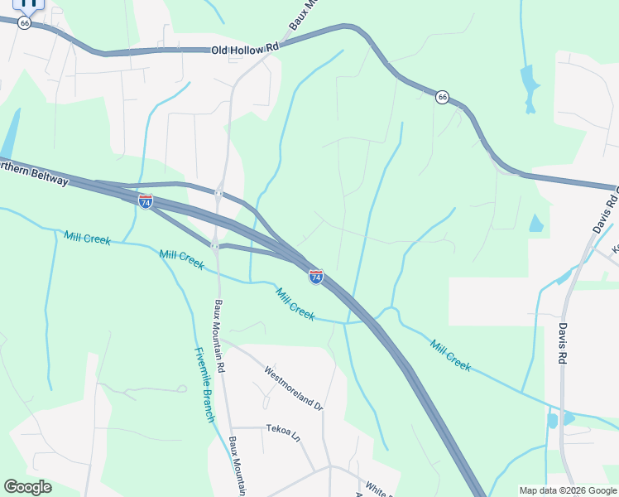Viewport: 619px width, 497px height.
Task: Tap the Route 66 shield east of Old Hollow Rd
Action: point(443,97)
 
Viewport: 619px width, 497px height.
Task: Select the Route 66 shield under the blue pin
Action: point(25,23)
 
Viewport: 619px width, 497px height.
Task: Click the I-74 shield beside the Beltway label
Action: point(146,201)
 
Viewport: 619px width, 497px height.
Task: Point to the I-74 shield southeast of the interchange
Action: point(316,277)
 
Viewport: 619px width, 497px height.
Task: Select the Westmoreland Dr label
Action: point(294,387)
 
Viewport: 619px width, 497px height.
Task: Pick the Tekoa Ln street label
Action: point(283,432)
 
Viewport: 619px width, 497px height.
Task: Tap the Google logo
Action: point(27,487)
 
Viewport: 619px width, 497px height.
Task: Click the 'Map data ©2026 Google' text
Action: point(568,490)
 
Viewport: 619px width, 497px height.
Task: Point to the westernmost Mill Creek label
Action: point(87,239)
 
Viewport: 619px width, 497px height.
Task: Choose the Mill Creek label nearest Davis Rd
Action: point(450,355)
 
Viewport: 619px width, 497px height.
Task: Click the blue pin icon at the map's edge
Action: point(29,3)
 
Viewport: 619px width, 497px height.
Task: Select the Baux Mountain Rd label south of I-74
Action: point(219,334)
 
